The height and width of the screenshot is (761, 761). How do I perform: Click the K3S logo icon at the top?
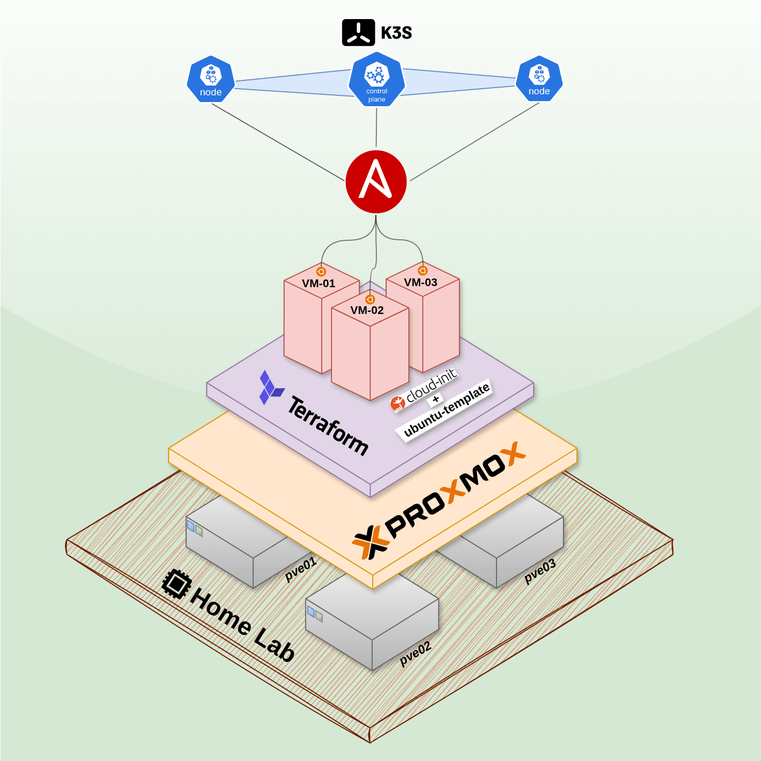[x=358, y=33]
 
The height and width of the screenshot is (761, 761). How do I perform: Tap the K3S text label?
[x=396, y=33]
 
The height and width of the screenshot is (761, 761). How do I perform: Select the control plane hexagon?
[x=376, y=79]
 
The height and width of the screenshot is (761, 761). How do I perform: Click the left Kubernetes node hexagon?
[x=210, y=79]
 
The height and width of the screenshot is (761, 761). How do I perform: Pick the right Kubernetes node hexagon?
[x=539, y=78]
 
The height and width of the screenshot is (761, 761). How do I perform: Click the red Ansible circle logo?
[x=376, y=181]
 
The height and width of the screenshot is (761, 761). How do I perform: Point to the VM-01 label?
[x=319, y=284]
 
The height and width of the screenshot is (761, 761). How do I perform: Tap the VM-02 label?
[x=367, y=310]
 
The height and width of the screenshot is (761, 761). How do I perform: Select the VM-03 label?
[x=421, y=283]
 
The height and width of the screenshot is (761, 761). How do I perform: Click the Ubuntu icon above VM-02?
[x=370, y=300]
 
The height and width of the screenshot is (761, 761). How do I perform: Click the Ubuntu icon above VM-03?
[x=423, y=271]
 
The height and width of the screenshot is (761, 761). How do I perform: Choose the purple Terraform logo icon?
[x=270, y=388]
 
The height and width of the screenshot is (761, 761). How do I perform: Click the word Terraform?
[x=328, y=426]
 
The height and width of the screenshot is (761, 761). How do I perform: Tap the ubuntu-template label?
[x=446, y=410]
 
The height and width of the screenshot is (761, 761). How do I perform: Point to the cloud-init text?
[x=432, y=385]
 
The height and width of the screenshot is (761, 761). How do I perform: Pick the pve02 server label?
[x=415, y=654]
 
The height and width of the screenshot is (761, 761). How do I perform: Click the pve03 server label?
[x=540, y=571]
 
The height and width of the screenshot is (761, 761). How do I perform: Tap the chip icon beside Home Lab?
[x=176, y=584]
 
